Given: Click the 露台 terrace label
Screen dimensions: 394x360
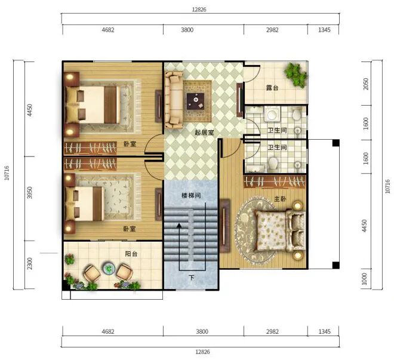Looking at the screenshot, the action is [272, 88].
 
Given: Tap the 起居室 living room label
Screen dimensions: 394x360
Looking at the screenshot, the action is [204, 133].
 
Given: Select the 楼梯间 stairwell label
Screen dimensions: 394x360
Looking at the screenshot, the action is [191, 195].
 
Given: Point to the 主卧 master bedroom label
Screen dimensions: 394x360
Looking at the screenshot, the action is [280, 199].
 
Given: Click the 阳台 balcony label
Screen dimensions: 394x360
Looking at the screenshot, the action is [131, 254].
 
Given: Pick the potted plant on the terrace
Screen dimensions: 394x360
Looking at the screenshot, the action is [296, 75].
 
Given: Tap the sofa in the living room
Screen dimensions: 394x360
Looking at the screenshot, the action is [174, 100].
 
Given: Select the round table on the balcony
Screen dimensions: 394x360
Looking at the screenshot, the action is [109, 269].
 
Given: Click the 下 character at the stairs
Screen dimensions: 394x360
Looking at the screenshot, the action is [192, 278].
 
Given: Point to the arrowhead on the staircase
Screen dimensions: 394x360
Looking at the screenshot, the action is [179, 226].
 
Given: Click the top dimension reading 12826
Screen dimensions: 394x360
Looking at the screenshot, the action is [199, 10].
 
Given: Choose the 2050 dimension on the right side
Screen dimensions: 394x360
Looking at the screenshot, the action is [366, 84].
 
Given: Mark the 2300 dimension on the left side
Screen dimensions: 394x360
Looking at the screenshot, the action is [30, 263].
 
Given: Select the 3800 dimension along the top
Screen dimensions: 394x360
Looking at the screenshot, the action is [187, 30].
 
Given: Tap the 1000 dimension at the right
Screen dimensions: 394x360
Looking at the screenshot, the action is [364, 279].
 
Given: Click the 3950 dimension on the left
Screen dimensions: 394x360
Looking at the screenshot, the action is [30, 192].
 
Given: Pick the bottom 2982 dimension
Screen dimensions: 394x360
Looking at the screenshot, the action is [272, 331].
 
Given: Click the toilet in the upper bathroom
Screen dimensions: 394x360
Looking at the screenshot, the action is [297, 114].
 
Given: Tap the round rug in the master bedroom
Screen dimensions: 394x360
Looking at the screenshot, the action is [255, 230].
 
